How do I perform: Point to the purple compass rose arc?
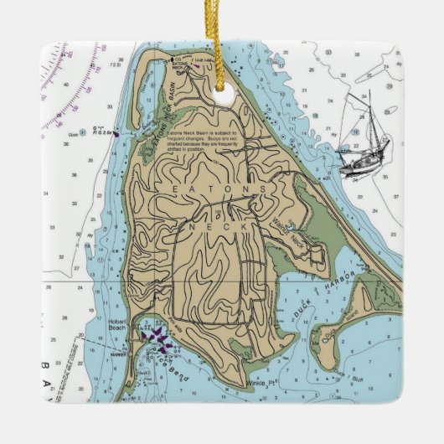point(67,67)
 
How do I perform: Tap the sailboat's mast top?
point(365,93)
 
